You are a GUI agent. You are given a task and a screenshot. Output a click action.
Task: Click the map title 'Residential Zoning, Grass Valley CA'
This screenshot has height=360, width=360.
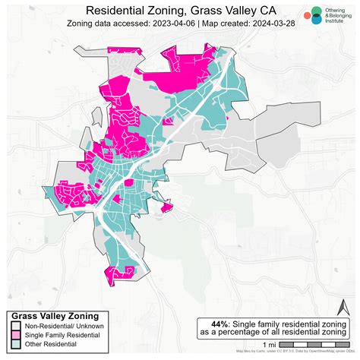coord(180,11)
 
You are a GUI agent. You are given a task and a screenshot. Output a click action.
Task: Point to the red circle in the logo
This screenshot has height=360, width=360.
coord(306,15)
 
